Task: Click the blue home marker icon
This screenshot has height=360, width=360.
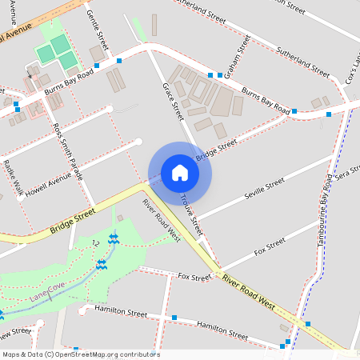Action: (180, 172)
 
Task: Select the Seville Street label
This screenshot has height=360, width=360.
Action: (264, 188)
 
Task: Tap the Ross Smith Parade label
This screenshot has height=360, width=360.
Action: (68, 151)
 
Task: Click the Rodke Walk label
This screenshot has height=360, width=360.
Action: (12, 178)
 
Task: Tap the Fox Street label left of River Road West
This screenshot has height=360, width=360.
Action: (194, 278)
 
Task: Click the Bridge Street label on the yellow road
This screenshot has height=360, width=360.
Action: (73, 221)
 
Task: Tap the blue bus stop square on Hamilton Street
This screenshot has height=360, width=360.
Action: (174, 318)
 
